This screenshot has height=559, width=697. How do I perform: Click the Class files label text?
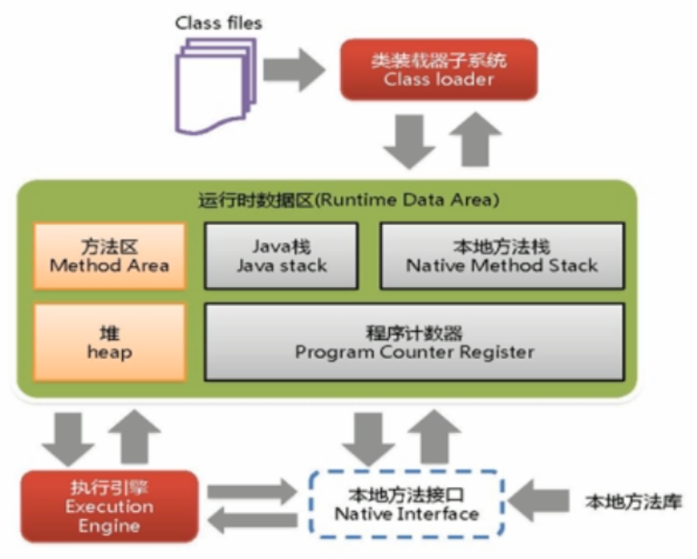pos(217,22)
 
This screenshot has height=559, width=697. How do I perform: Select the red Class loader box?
pos(439,70)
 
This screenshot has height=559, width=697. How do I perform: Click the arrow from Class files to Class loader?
pos(295,70)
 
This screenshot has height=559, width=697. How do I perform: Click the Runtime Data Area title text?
pos(348,200)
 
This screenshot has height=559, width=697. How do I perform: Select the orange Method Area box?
pos(109,255)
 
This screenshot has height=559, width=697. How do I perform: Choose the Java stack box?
pos(281,255)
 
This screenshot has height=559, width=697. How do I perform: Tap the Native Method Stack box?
pos(501,255)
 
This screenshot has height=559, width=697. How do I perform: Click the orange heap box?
pos(109,342)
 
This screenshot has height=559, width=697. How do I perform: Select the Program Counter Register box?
pos(414,342)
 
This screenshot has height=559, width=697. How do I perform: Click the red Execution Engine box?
pos(109,506)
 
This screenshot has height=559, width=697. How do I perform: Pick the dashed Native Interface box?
pos(407,505)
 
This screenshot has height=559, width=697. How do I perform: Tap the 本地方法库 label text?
pos(634,502)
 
